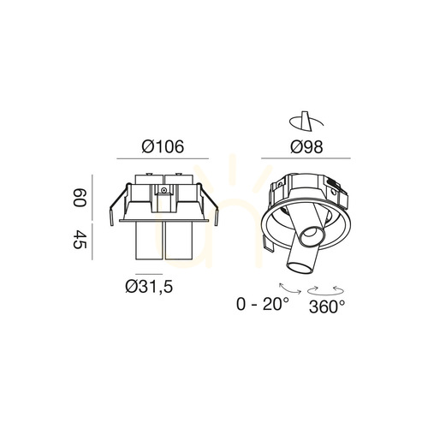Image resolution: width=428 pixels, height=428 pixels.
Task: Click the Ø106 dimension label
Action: [163, 146]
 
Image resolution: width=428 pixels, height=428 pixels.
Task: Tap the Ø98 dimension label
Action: [306, 147]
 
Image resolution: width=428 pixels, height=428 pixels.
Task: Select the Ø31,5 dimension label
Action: [149, 286]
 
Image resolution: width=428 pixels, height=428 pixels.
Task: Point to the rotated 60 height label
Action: [80, 197]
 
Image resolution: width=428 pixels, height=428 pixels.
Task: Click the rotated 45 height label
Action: [80, 240]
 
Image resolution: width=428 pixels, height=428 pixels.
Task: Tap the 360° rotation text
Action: [327, 307]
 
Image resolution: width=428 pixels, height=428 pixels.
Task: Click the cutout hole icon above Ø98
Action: [306, 122]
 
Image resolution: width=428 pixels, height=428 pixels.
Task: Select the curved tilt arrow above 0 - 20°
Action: [290, 288]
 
